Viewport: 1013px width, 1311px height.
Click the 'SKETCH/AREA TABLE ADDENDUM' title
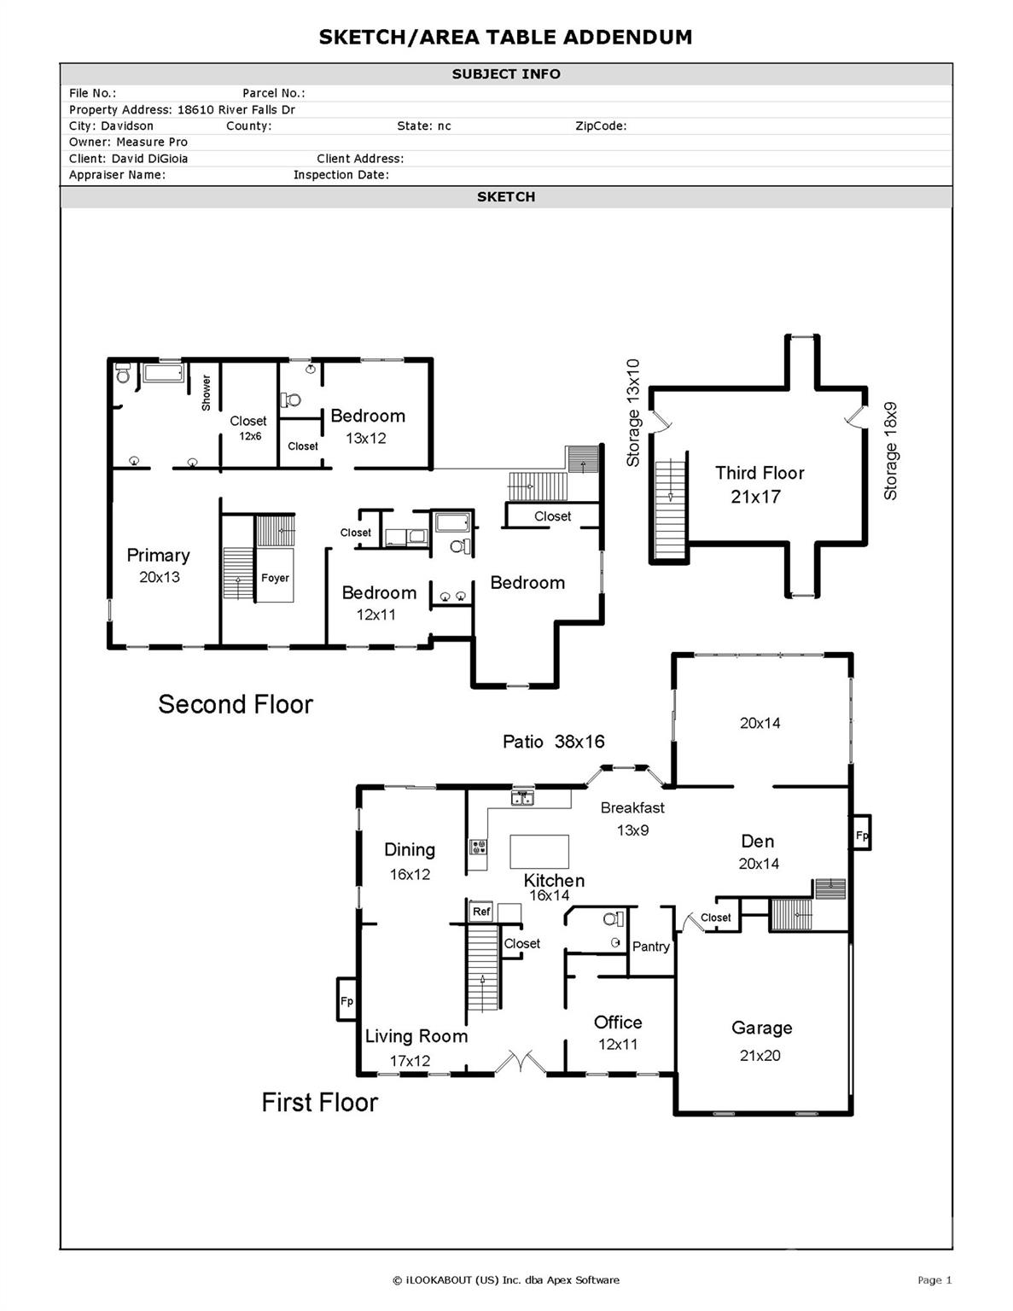(x=505, y=37)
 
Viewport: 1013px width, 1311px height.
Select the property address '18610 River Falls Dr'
(x=236, y=109)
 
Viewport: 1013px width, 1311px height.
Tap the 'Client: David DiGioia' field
(x=128, y=158)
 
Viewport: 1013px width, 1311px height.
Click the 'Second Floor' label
(x=236, y=704)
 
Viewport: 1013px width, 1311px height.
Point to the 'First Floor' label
(x=319, y=1102)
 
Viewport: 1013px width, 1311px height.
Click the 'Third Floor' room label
(x=759, y=473)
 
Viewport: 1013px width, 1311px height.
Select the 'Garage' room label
(x=761, y=1028)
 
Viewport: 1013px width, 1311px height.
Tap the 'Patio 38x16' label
(x=553, y=742)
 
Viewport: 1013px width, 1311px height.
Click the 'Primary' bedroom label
(x=158, y=555)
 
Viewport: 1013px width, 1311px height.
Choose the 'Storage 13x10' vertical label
(x=632, y=412)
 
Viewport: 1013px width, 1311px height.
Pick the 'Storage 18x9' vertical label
(x=890, y=451)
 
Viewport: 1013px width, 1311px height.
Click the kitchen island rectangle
(x=539, y=851)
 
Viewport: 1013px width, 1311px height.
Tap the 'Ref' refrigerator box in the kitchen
(x=481, y=911)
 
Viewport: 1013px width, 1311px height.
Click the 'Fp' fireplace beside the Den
(x=861, y=835)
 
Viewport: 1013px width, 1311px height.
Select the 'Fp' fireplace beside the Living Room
(x=346, y=1000)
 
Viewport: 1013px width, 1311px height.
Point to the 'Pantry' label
(x=650, y=946)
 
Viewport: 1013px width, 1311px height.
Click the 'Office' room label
(x=618, y=1022)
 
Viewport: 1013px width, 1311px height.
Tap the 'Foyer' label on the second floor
(x=275, y=578)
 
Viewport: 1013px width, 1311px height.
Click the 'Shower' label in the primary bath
(x=206, y=393)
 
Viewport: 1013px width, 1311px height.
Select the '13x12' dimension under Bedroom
(x=366, y=438)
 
